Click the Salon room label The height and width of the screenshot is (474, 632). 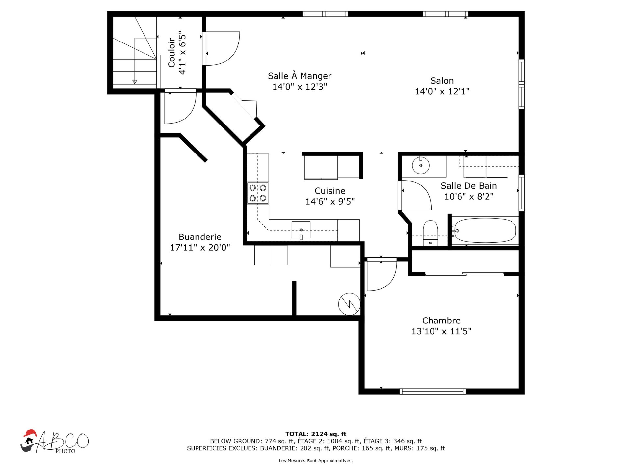(442, 81)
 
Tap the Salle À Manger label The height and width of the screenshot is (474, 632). (300, 76)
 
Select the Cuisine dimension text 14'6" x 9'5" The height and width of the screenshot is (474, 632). (330, 201)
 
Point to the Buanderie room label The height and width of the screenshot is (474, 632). (200, 237)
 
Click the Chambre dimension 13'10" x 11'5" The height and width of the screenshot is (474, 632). (441, 331)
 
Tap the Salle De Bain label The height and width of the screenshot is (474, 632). (469, 186)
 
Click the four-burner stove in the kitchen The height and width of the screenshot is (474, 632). (258, 193)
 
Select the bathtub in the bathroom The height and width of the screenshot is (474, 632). (485, 231)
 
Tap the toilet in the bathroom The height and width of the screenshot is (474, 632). (430, 233)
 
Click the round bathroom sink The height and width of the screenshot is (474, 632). (421, 165)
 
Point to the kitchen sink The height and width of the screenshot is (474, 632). (301, 230)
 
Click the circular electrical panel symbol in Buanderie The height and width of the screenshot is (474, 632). (349, 304)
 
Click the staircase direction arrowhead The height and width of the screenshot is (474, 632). (135, 82)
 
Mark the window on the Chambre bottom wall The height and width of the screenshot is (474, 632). (433, 391)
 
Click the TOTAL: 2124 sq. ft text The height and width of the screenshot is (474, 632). (316, 434)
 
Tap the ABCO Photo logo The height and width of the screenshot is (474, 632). (54, 442)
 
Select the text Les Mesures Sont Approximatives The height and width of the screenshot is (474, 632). (316, 461)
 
